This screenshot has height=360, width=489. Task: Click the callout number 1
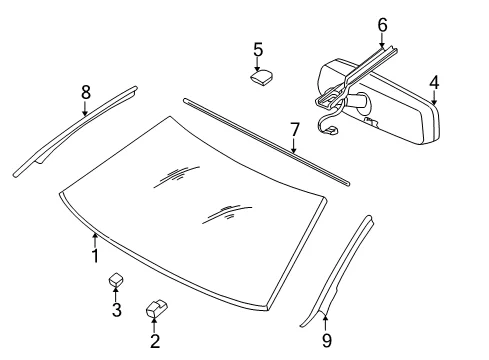pyautogui.click(x=95, y=256)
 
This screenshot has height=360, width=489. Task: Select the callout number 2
pyautogui.click(x=155, y=341)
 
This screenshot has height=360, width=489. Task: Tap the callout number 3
pyautogui.click(x=116, y=310)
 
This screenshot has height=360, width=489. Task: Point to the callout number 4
pyautogui.click(x=434, y=83)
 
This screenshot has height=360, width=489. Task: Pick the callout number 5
pyautogui.click(x=258, y=50)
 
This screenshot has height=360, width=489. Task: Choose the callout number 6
pyautogui.click(x=382, y=25)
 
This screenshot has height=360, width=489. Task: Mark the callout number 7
pyautogui.click(x=295, y=130)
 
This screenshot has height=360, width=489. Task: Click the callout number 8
pyautogui.click(x=86, y=92)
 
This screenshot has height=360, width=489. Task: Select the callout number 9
pyautogui.click(x=327, y=341)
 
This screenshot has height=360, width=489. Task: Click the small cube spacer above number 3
pyautogui.click(x=115, y=279)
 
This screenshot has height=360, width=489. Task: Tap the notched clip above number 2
pyautogui.click(x=156, y=309)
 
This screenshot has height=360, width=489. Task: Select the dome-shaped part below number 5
pyautogui.click(x=261, y=77)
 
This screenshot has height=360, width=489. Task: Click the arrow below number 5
pyautogui.click(x=257, y=64)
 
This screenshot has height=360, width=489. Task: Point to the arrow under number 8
pyautogui.click(x=85, y=108)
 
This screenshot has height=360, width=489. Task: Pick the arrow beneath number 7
pyautogui.click(x=294, y=146)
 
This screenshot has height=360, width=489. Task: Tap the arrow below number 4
pyautogui.click(x=434, y=98)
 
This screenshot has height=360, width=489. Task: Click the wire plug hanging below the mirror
pyautogui.click(x=330, y=130)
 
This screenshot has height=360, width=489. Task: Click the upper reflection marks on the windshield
pyautogui.click(x=177, y=176)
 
